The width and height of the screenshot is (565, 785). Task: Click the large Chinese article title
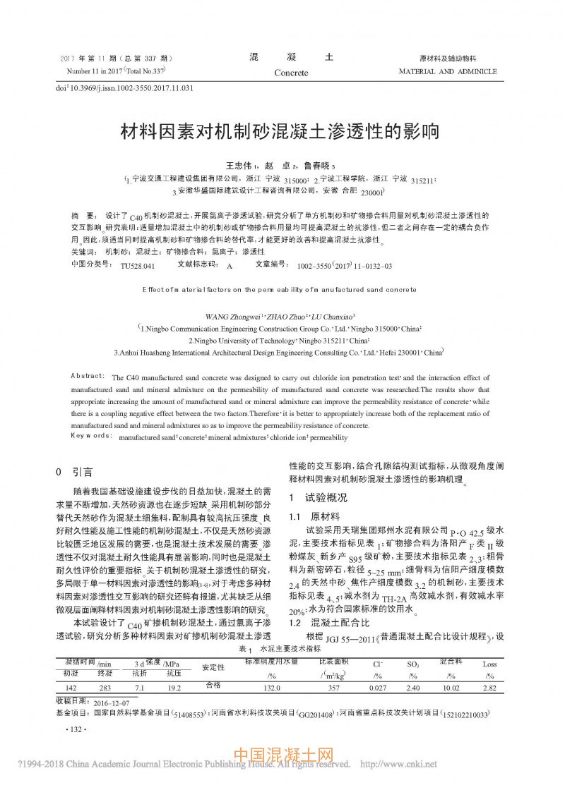click(x=282, y=132)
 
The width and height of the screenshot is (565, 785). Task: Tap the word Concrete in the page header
click(x=291, y=73)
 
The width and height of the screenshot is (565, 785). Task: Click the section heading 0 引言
click(x=73, y=471)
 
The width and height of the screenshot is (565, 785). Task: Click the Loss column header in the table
click(x=489, y=664)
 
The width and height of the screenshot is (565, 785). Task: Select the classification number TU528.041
click(x=137, y=265)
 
